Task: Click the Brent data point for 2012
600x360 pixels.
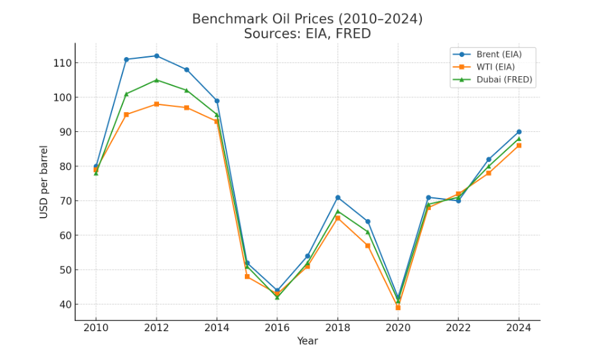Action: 156,56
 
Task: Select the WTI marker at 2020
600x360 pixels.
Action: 398,307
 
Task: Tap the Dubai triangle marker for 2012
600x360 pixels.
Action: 156,80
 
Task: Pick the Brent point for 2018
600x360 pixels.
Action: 338,197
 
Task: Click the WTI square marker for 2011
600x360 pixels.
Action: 126,115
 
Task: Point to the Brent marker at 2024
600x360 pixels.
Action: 519,132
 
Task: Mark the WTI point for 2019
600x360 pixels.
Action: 368,245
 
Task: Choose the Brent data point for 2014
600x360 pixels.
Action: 217,101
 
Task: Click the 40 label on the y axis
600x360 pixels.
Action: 65,304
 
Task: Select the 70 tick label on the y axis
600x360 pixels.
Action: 65,200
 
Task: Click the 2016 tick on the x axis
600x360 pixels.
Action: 277,327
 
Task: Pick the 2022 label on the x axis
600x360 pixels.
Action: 458,327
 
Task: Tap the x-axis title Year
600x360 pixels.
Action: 307,341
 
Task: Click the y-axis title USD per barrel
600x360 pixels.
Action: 44,181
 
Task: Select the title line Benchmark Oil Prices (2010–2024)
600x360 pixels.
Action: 307,19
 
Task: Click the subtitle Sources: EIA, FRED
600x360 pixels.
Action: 307,34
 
